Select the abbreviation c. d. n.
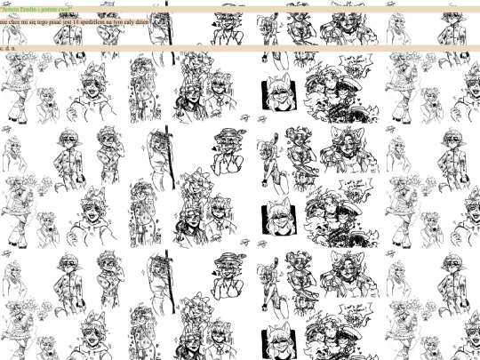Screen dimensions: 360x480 tap(7, 48)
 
